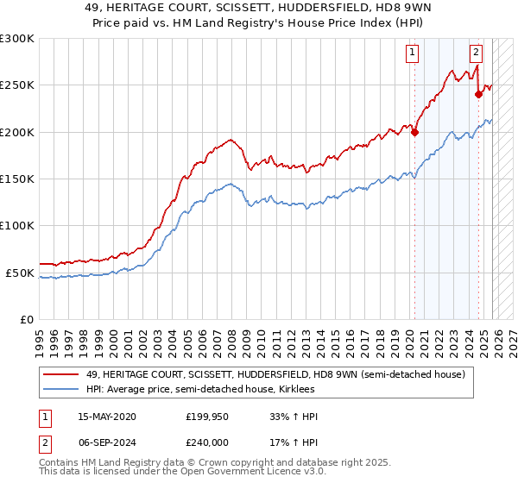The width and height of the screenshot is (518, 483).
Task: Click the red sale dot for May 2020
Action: [414, 132]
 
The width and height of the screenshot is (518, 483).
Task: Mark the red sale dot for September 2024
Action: [478, 95]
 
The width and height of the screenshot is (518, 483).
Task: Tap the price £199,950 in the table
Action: [207, 417]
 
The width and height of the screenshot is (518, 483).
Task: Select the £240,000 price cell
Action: [207, 441]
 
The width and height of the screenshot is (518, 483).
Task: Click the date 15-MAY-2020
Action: [106, 417]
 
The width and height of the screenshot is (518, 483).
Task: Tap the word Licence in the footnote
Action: [239, 473]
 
